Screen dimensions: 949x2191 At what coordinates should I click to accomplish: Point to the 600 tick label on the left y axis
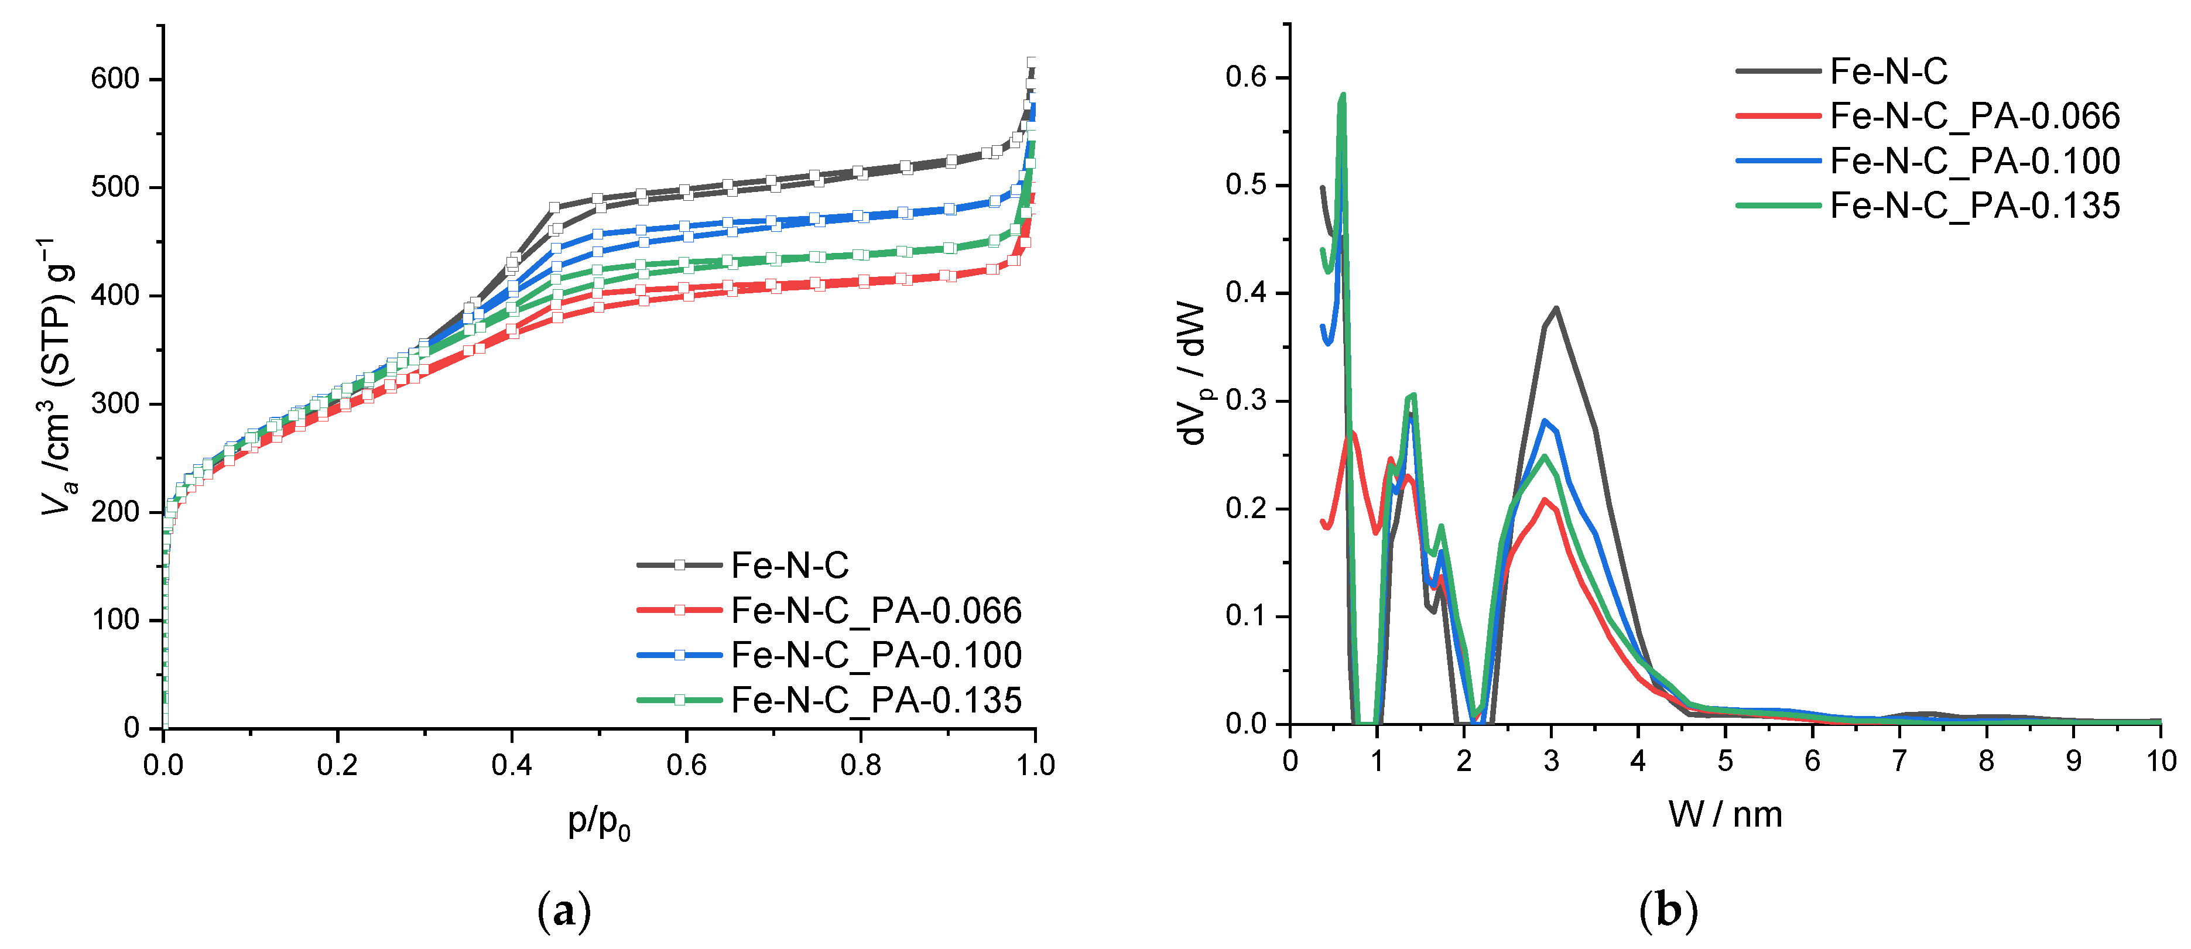(x=115, y=79)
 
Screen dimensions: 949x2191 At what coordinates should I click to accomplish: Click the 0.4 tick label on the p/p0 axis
(x=511, y=765)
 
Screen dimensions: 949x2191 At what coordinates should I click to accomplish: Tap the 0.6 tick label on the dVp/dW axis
(x=1245, y=77)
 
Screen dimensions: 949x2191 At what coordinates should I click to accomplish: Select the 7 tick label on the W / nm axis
(x=1899, y=761)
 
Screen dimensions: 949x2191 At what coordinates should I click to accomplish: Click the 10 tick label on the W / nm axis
(x=2161, y=761)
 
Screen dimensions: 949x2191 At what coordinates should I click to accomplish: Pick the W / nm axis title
(x=1725, y=815)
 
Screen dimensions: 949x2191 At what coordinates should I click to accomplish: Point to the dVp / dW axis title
(x=1196, y=374)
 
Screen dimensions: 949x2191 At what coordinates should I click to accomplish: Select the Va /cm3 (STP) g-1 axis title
(x=60, y=378)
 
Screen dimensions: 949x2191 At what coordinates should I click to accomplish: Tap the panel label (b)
(x=1667, y=912)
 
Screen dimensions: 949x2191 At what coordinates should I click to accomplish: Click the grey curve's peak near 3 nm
(x=1556, y=309)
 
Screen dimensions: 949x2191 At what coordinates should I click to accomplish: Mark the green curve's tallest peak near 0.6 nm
(x=1343, y=95)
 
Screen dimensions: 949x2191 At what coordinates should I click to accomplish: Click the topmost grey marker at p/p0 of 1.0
(x=1032, y=62)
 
